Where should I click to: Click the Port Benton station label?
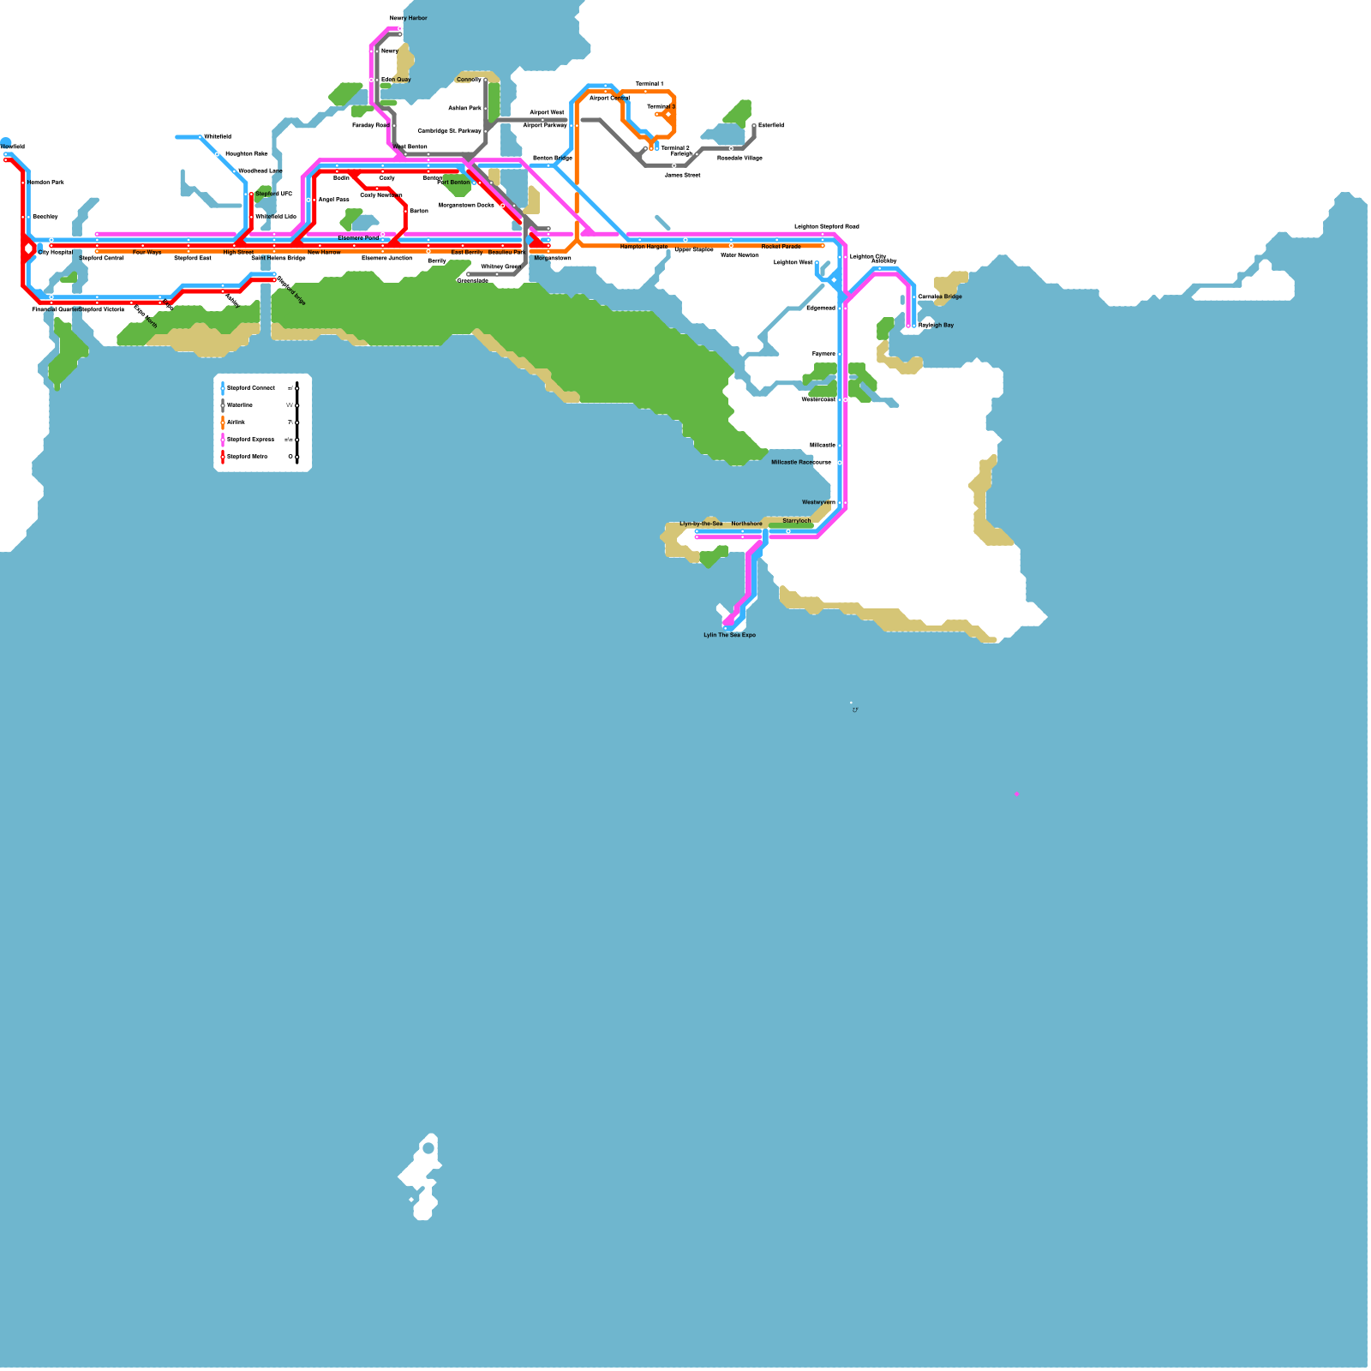tap(453, 183)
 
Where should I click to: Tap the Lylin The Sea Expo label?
tap(729, 635)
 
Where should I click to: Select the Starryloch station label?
tap(796, 521)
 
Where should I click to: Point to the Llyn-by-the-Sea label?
tap(701, 524)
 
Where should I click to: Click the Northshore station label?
tap(746, 524)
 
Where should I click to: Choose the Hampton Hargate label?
tap(644, 247)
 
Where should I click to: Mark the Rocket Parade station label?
tap(781, 247)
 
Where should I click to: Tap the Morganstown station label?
tap(553, 258)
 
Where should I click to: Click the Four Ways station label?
tap(147, 253)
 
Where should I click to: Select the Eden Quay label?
tap(396, 80)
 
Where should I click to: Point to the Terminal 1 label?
tap(649, 84)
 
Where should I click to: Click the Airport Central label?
tap(609, 98)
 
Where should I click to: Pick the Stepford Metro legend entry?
tap(247, 457)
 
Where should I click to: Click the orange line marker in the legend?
tap(223, 422)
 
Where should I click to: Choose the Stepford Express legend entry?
tap(250, 440)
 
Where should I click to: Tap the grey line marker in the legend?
tap(223, 405)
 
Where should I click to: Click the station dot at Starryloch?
tap(788, 531)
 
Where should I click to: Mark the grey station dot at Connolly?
tap(486, 81)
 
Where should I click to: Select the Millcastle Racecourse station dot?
tap(840, 463)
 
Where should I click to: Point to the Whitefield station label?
tap(217, 137)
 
